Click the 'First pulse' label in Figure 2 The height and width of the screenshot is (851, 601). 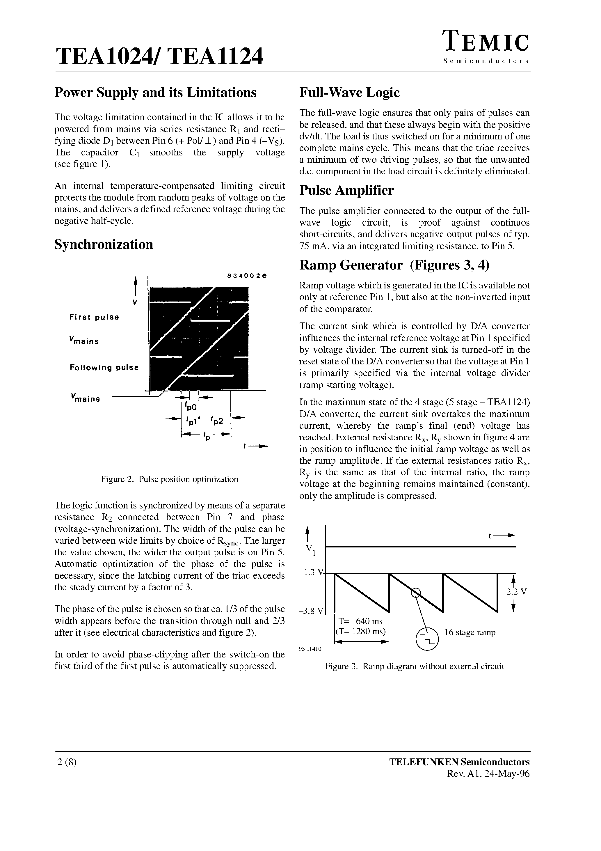tap(94, 317)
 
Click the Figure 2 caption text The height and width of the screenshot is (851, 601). tap(169, 479)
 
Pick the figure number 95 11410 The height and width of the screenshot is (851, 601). tap(310, 649)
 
